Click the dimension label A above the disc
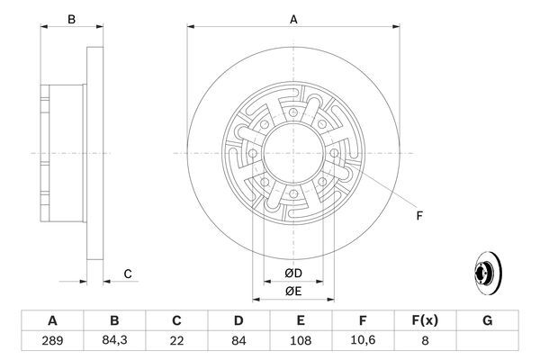[292, 17]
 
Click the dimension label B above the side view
[72, 17]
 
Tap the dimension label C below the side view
[128, 274]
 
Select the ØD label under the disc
[292, 274]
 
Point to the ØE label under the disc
[292, 290]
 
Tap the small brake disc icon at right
[487, 271]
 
